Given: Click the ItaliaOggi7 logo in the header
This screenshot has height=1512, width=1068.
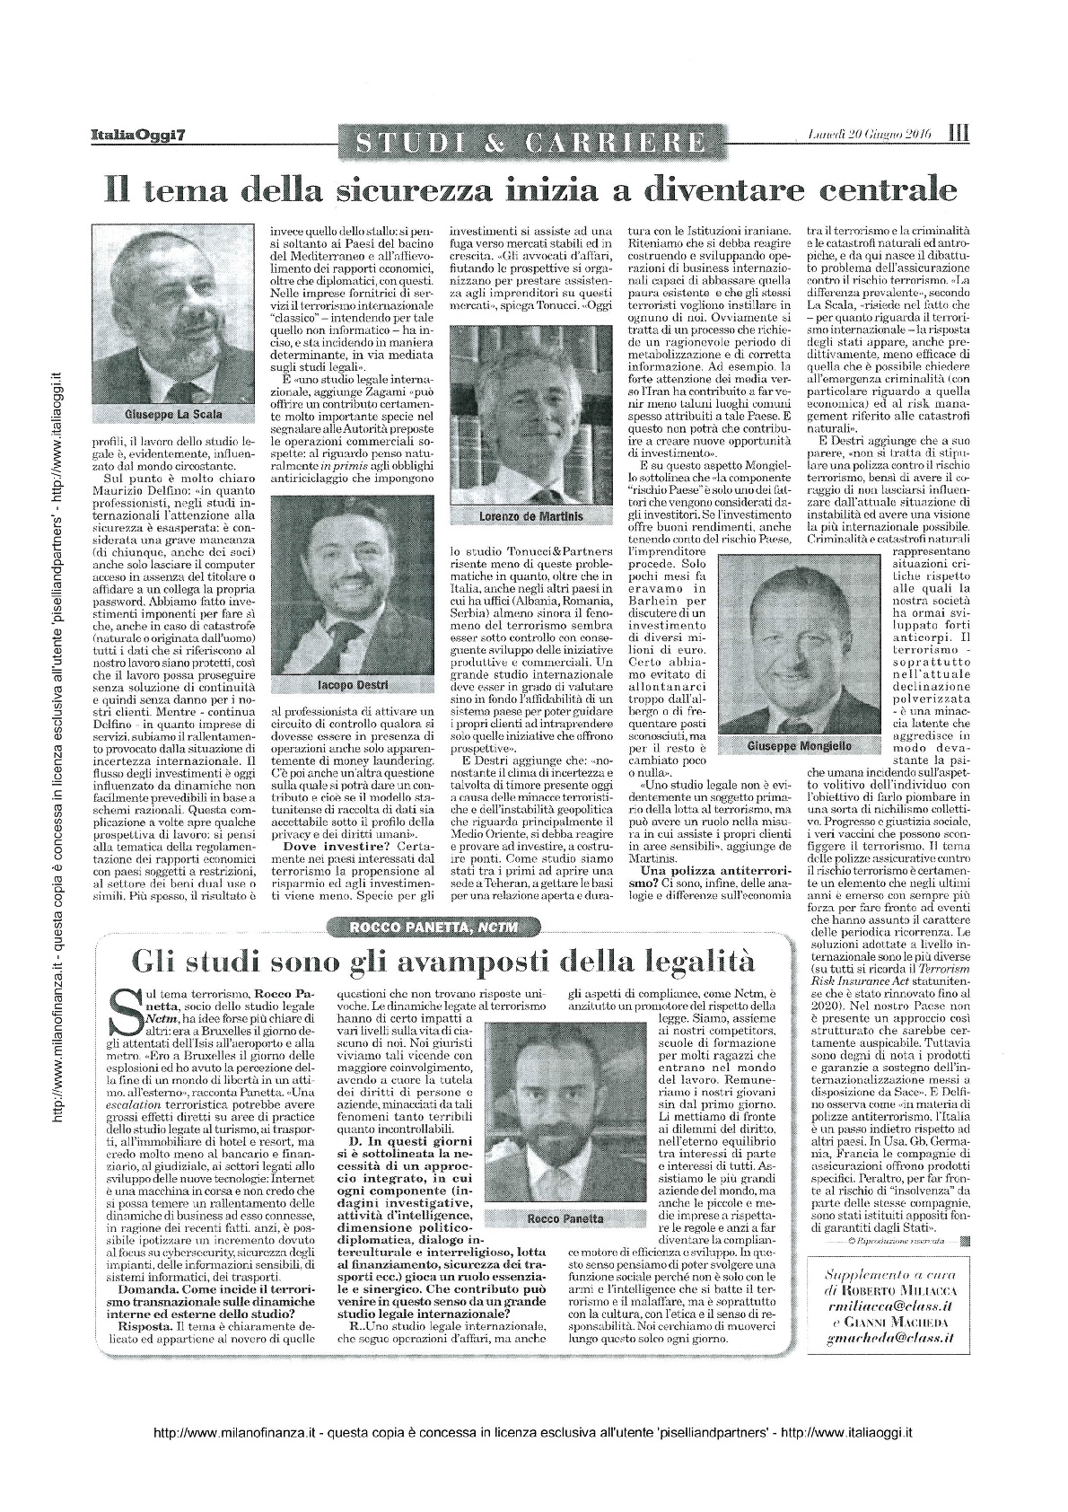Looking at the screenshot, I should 137,135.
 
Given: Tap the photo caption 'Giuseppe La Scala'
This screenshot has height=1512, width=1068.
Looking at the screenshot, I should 174,414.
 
